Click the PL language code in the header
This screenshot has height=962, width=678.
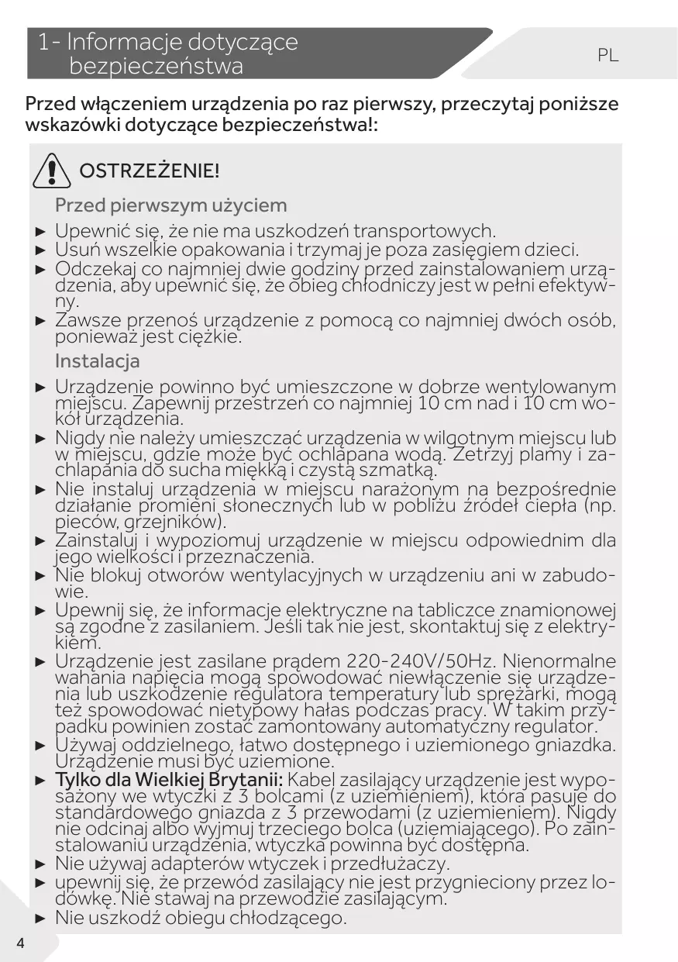pyautogui.click(x=608, y=56)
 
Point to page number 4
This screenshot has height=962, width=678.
pyautogui.click(x=19, y=943)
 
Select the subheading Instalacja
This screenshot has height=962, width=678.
pyautogui.click(x=98, y=361)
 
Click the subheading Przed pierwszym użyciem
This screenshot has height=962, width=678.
pyautogui.click(x=170, y=205)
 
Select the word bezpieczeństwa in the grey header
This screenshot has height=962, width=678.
pyautogui.click(x=157, y=67)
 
